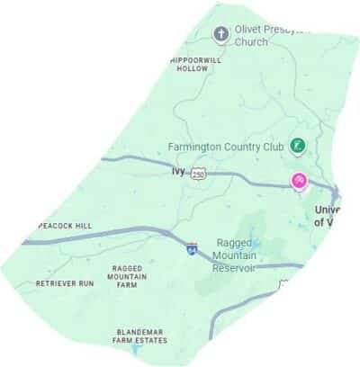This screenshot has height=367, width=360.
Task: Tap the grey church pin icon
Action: (x=220, y=34)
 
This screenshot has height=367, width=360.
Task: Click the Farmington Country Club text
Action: (x=226, y=146)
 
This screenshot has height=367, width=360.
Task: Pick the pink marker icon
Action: (x=300, y=182)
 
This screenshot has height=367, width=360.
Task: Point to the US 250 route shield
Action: (x=200, y=174)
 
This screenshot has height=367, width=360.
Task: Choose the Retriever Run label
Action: (x=65, y=283)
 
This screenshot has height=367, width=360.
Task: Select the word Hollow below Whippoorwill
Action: (x=193, y=68)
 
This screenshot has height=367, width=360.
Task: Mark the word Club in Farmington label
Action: (x=269, y=146)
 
